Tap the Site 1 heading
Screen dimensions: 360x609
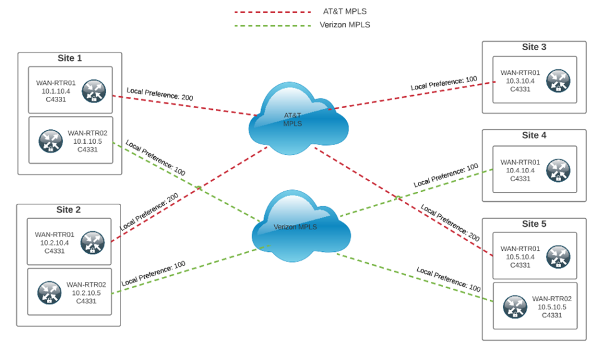(69, 58)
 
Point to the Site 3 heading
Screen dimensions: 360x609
(534, 47)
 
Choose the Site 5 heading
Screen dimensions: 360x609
(534, 223)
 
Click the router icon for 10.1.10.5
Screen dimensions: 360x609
(49, 140)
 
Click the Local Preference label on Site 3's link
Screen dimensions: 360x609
(443, 83)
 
